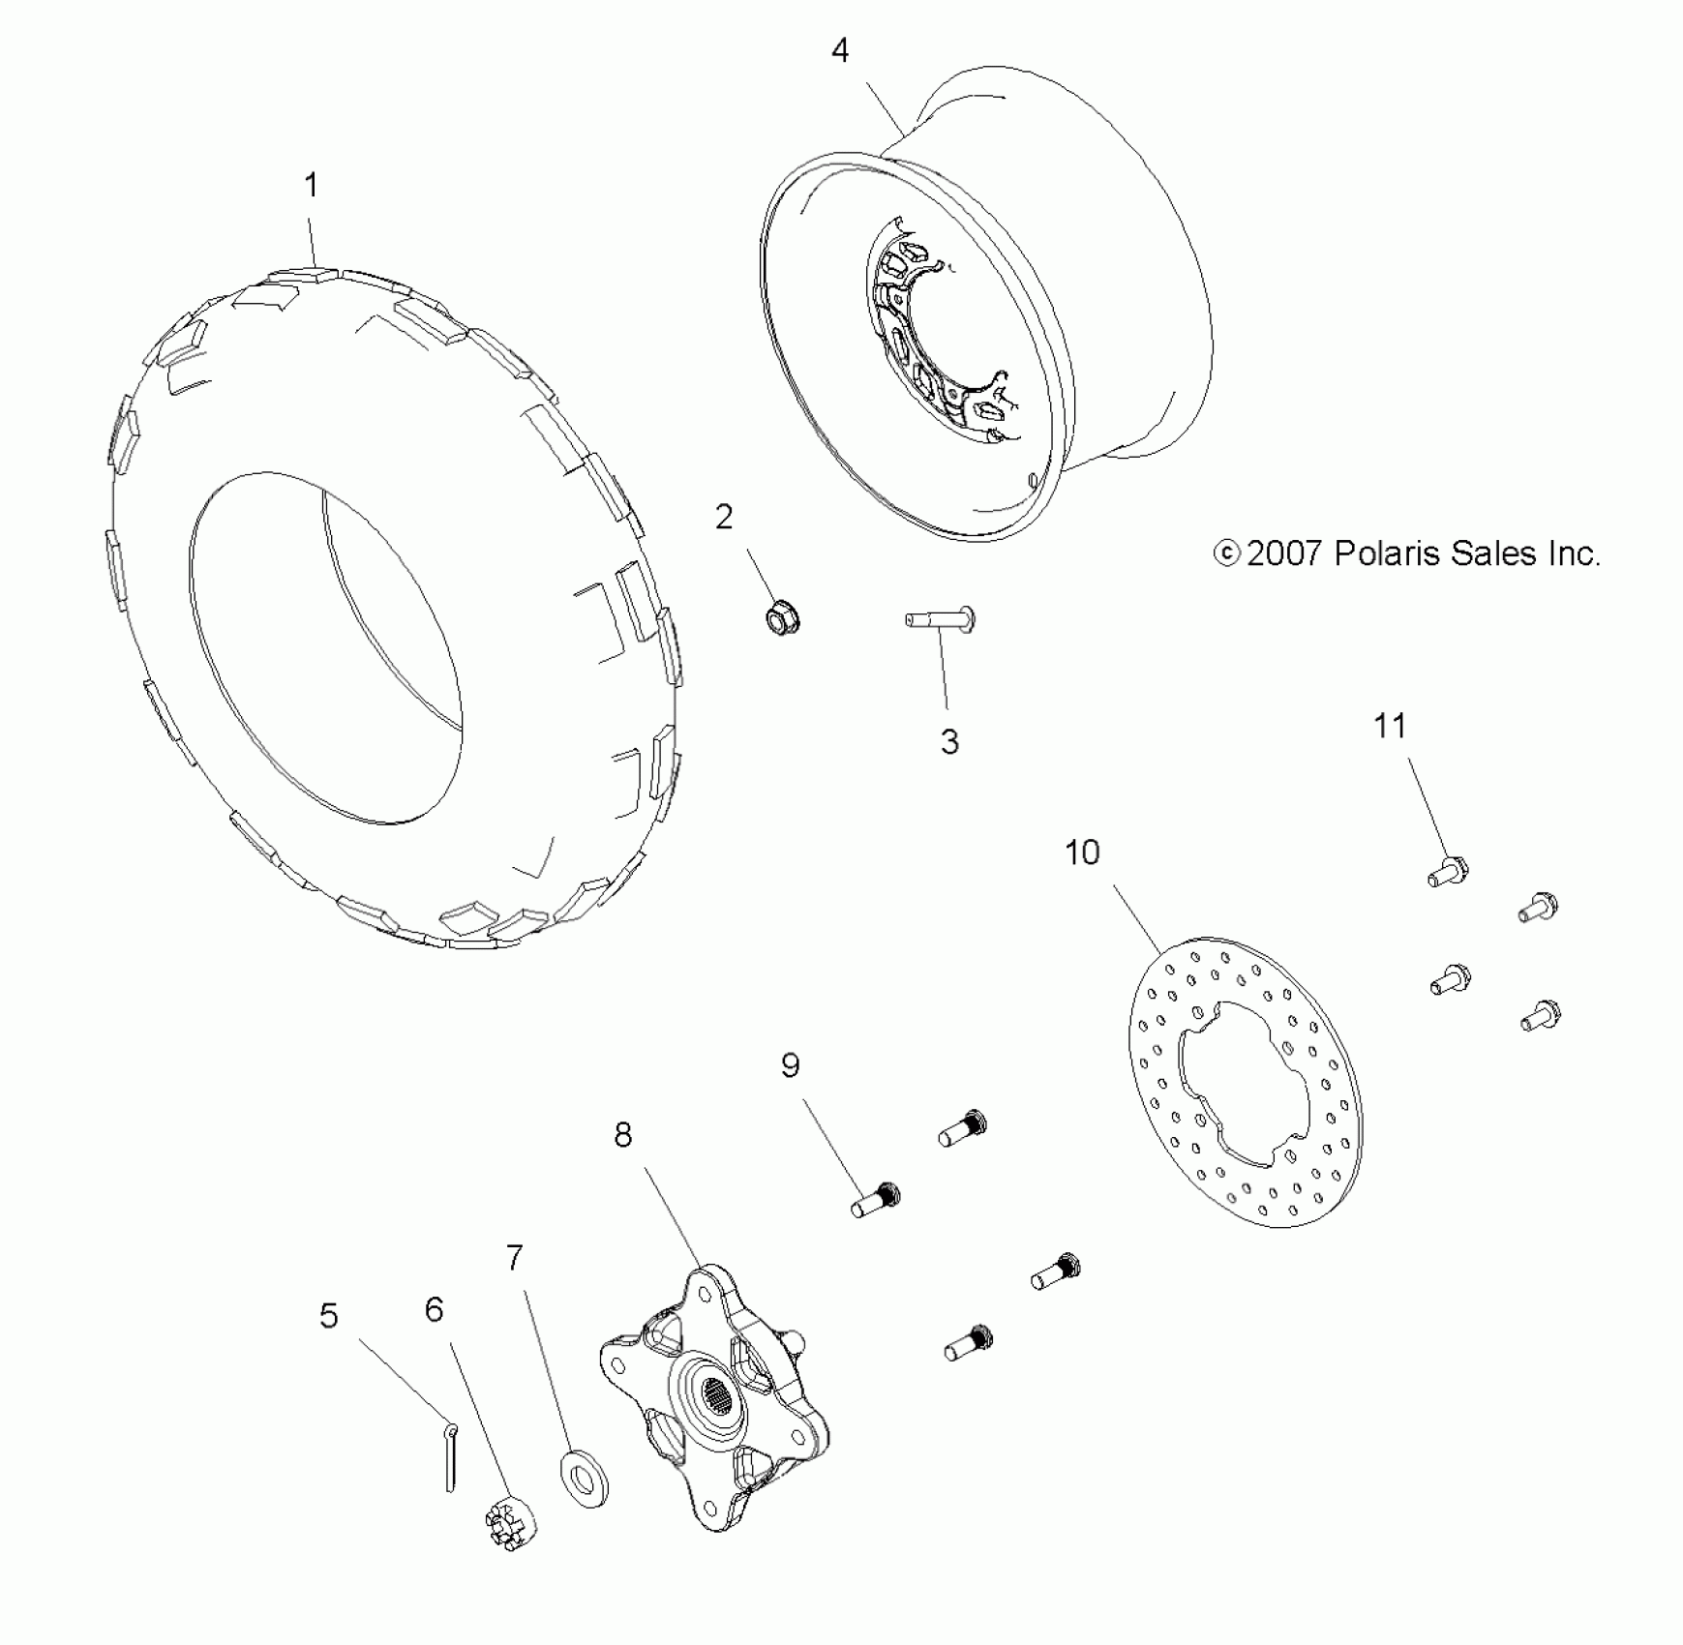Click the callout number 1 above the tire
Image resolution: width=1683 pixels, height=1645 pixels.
click(x=311, y=185)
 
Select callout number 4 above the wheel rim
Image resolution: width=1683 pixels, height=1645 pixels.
click(x=840, y=50)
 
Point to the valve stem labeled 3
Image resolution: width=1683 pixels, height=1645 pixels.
click(x=940, y=619)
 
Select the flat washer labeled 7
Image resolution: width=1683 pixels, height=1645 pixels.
click(x=584, y=1478)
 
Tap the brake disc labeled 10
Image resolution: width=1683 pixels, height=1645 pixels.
click(x=1246, y=1082)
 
